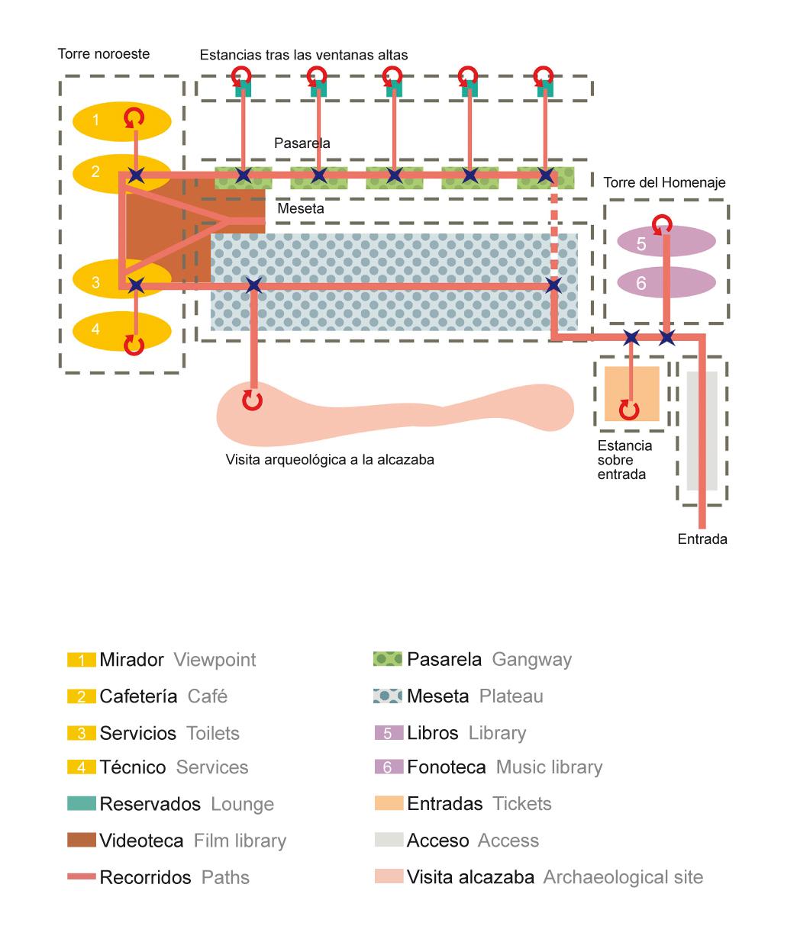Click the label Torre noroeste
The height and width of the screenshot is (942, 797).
[104, 53]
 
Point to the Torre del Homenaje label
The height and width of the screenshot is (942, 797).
[664, 182]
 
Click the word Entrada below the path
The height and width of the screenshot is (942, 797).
[702, 539]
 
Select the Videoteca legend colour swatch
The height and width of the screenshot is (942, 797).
[82, 841]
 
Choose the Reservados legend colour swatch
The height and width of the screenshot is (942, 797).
[82, 803]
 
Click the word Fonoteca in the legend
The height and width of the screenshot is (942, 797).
[447, 767]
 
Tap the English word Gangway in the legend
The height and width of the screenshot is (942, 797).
[531, 659]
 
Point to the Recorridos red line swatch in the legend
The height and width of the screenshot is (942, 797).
[82, 877]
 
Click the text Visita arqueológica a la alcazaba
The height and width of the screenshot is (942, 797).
[330, 460]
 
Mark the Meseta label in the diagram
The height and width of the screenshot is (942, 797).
[301, 208]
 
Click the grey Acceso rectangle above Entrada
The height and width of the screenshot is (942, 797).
[702, 431]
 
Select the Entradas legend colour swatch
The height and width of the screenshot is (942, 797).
[389, 803]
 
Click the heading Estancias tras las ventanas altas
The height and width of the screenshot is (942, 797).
[304, 55]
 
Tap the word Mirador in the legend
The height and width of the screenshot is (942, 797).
[131, 659]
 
